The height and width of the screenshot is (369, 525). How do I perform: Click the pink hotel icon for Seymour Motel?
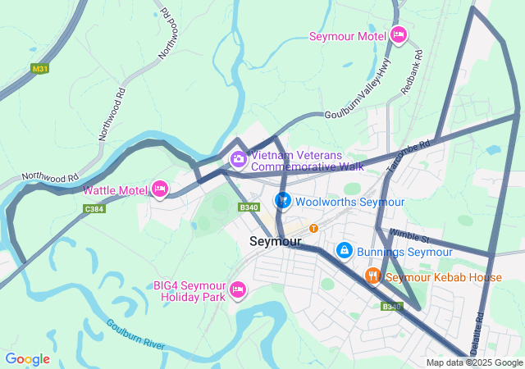[399, 35]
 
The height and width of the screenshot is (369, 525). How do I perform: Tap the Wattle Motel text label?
[115, 190]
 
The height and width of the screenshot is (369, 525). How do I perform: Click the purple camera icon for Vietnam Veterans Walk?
[238, 159]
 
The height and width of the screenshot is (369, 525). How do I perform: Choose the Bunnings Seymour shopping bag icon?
[345, 250]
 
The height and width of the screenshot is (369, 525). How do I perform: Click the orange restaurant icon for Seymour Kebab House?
[372, 276]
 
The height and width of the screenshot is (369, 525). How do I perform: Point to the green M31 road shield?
[40, 70]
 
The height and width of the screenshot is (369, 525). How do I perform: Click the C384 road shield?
[94, 209]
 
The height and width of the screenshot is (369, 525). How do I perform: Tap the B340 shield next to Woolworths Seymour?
[249, 207]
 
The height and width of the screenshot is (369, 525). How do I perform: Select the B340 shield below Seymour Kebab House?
[391, 307]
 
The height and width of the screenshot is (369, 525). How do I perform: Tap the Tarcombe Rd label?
[409, 157]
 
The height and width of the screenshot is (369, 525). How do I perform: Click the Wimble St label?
[408, 235]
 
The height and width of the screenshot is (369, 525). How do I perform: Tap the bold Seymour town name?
[275, 242]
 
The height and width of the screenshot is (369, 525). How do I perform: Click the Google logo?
[27, 359]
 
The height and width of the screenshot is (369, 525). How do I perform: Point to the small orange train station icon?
[313, 228]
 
